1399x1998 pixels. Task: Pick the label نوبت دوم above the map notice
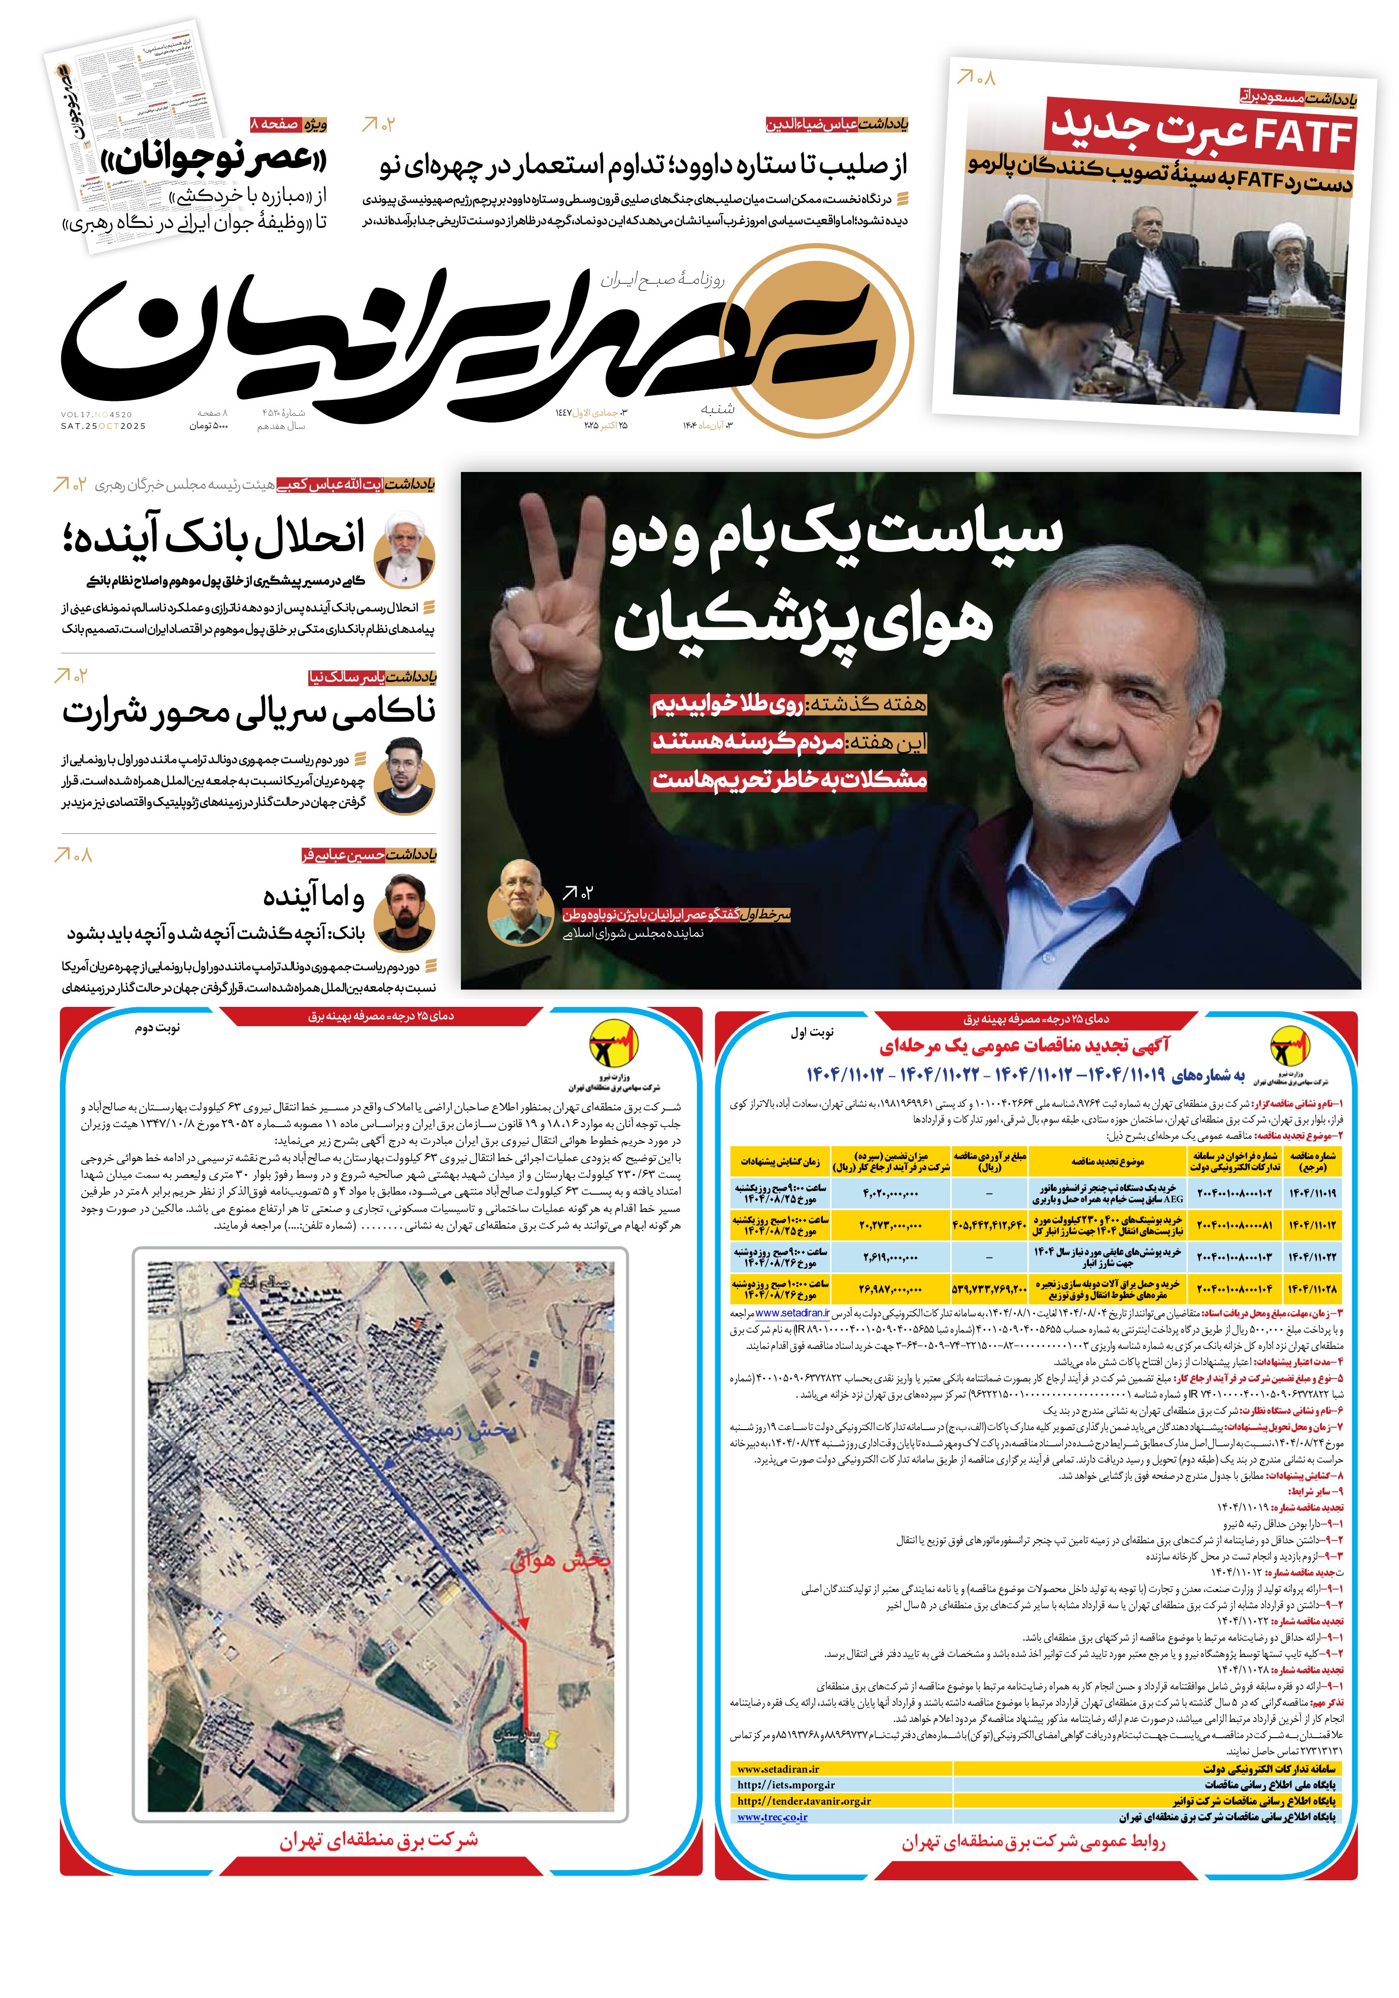coord(157,1029)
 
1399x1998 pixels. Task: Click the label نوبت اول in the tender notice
coord(811,1032)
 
